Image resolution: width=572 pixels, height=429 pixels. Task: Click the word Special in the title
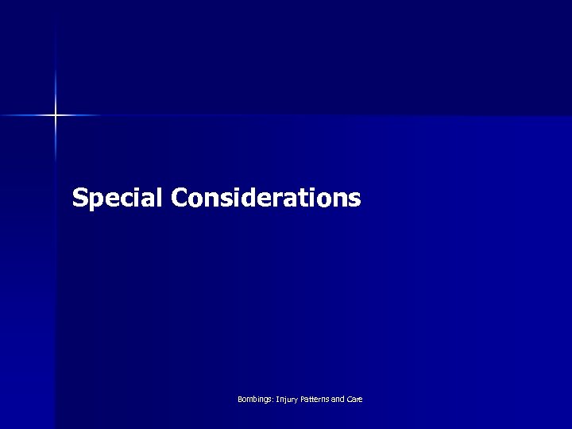point(118,197)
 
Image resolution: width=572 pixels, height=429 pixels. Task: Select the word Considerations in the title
point(265,197)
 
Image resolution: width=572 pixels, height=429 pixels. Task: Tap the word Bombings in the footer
point(254,399)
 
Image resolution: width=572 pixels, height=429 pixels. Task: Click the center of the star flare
point(56,116)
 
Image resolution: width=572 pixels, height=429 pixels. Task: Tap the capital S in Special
point(79,197)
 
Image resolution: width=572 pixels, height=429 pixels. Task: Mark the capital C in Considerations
point(177,197)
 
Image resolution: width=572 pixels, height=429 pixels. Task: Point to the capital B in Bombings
point(240,399)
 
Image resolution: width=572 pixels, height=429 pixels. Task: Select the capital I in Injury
point(276,399)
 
